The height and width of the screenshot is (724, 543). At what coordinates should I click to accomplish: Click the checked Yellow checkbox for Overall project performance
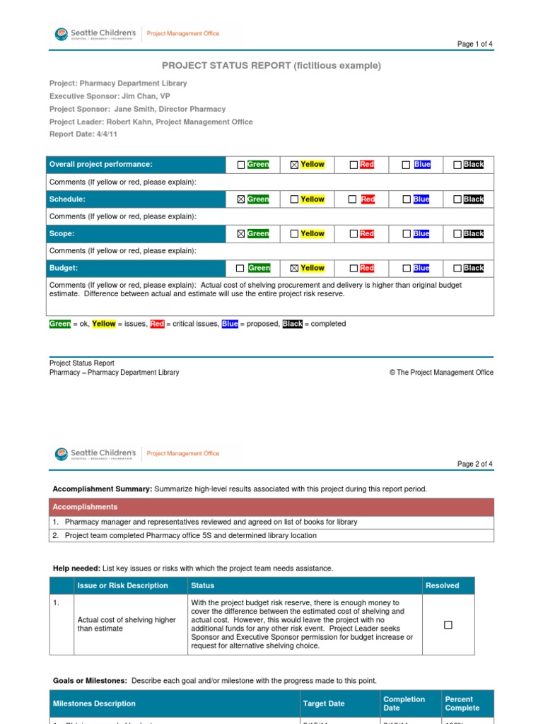pos(294,165)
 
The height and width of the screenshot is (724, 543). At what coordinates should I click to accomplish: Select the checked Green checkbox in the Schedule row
pos(241,199)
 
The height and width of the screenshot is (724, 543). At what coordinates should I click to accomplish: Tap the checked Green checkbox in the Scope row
pos(241,234)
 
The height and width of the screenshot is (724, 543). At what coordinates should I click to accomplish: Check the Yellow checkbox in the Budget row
pos(294,269)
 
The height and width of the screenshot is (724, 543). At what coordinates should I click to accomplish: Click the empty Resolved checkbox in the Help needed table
pos(448,625)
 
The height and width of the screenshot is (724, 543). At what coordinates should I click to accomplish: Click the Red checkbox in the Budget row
pos(354,269)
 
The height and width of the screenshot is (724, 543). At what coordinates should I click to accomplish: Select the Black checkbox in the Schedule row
pos(457,199)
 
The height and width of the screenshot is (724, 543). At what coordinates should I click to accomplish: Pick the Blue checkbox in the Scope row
pos(406,234)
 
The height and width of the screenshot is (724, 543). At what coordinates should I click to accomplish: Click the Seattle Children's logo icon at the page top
pos(62,33)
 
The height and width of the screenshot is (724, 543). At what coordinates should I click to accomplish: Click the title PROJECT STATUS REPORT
pos(226,66)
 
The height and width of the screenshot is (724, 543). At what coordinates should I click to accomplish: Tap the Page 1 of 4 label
pos(474,44)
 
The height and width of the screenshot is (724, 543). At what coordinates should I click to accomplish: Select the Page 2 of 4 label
pos(474,464)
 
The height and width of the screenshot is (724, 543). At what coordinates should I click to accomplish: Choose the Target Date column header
pos(324,703)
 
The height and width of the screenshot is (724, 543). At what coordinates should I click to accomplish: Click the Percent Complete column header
pos(462,703)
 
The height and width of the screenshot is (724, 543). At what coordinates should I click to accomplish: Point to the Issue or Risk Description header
pos(122,585)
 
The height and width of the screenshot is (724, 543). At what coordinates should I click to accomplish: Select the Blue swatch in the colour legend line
pos(230,324)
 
